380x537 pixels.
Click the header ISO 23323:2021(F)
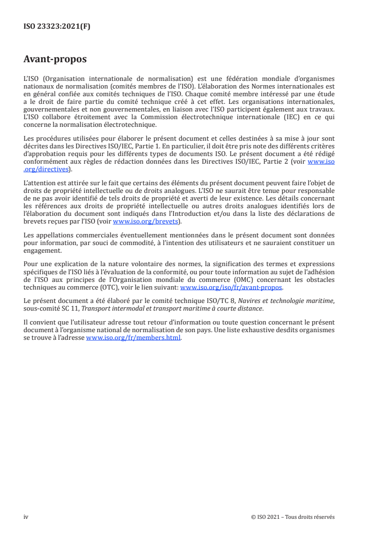57,27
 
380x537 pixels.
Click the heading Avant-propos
55,59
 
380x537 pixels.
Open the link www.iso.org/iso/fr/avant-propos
231,287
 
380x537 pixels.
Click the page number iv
26,517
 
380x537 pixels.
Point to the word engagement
42,251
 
